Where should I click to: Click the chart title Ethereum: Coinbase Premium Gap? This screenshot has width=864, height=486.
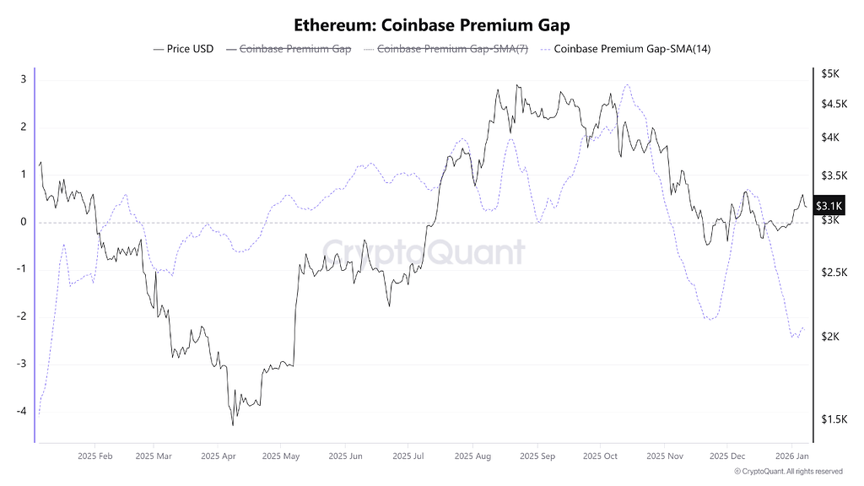[x=431, y=25]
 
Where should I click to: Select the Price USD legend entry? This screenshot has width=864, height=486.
[x=183, y=49]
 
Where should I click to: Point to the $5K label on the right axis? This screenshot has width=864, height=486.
[x=829, y=73]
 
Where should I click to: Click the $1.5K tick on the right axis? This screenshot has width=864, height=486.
[x=834, y=419]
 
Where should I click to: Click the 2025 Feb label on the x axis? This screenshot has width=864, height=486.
[x=94, y=456]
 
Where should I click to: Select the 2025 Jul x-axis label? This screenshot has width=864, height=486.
[x=408, y=456]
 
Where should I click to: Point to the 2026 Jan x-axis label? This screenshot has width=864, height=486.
[x=791, y=456]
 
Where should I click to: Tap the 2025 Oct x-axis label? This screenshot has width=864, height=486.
[x=598, y=456]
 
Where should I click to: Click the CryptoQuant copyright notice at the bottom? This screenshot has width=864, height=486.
[x=788, y=472]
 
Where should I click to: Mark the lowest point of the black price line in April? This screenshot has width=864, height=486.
[x=232, y=424]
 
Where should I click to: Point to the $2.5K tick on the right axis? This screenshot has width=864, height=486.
[x=834, y=273]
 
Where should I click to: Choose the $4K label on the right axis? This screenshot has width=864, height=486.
[x=829, y=137]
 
